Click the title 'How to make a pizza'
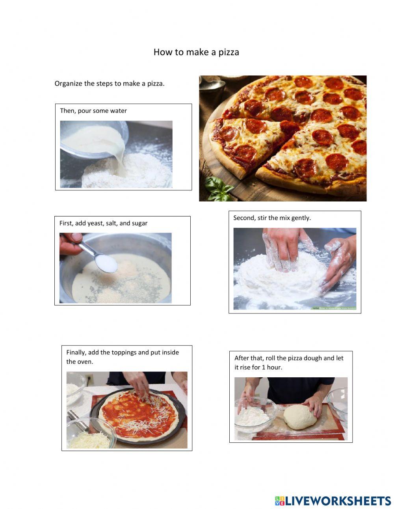tap(196, 52)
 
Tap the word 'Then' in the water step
tap(67, 111)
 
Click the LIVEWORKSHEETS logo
tap(333, 501)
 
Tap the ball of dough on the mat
tap(300, 417)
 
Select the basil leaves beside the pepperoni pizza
tap(219, 188)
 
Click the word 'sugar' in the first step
tap(139, 223)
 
